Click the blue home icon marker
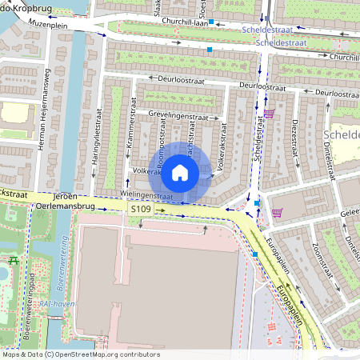click(180, 172)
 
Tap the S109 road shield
click(140, 208)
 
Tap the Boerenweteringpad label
click(32, 300)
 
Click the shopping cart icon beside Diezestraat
click(270, 113)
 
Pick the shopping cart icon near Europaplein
click(277, 212)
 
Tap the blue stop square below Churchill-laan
click(210, 50)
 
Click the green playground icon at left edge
click(13, 260)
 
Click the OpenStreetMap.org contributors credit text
click(104, 354)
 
